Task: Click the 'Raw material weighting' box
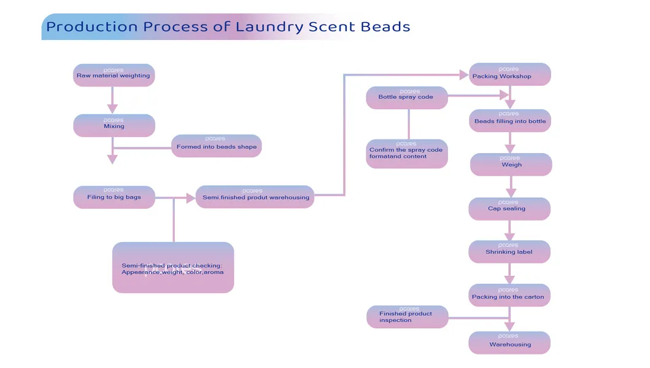point(114,75)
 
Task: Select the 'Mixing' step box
point(114,125)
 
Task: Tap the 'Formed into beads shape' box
point(217,146)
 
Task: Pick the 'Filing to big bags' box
point(114,197)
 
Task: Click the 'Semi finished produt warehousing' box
point(255,197)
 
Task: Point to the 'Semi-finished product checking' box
point(173,267)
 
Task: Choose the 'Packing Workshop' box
point(509,74)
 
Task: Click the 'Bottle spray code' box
point(407,98)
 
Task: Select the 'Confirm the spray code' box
point(407,154)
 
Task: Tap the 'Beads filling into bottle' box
point(509,120)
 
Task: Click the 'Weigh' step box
point(511,164)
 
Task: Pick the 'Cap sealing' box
point(509,208)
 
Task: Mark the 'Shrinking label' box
point(509,252)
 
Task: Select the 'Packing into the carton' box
point(508,296)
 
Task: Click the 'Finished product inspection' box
point(407,317)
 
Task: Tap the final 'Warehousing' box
point(509,343)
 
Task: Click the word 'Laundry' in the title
point(270,27)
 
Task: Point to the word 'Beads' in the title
point(383,27)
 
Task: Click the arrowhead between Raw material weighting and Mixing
point(112,108)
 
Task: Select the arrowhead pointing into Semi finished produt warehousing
point(190,198)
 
